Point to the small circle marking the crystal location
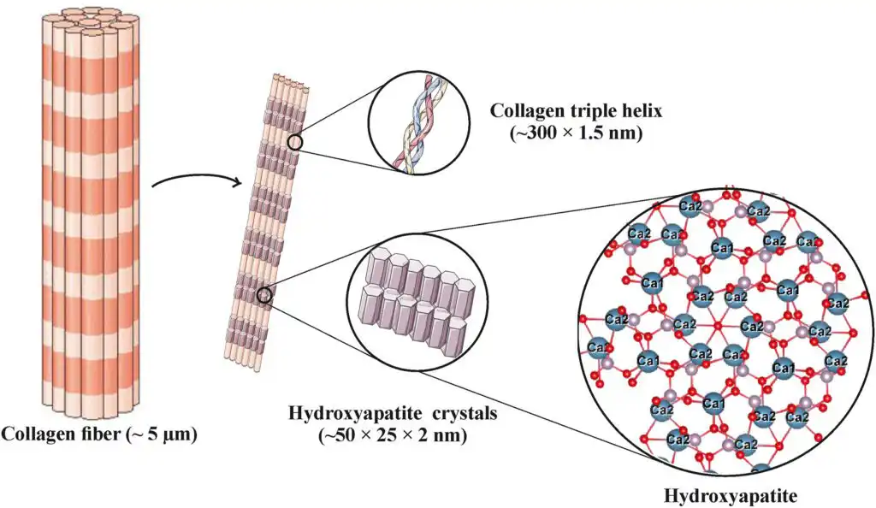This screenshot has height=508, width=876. click(265, 296)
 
